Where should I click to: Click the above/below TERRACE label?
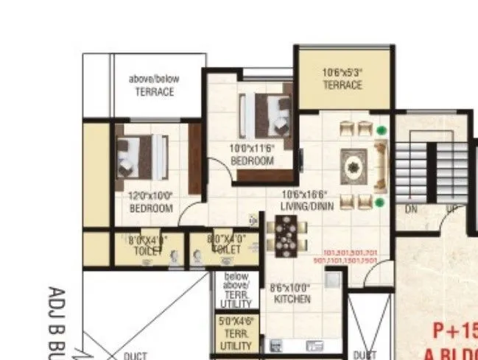click(x=154, y=85)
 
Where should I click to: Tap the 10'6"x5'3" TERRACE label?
click(x=343, y=79)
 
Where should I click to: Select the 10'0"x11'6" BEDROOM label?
click(x=252, y=155)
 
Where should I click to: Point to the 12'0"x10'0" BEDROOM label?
click(x=150, y=202)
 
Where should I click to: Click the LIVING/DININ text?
click(x=307, y=206)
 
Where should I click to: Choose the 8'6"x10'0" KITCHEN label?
click(x=290, y=294)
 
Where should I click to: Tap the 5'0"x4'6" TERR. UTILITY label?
click(x=236, y=333)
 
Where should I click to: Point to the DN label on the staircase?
click(x=412, y=210)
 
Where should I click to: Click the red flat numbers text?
click(x=345, y=256)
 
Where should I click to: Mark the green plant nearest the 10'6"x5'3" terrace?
click(x=381, y=130)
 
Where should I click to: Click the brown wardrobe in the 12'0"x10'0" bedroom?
click(x=194, y=158)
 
